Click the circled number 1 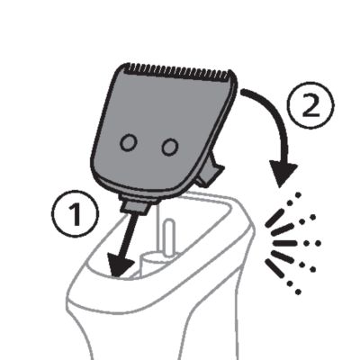(75, 214)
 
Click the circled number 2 (310, 105)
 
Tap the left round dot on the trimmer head (129, 143)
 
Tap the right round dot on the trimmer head (170, 147)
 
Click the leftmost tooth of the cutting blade (125, 67)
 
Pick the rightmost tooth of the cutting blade (230, 75)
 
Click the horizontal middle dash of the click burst (284, 243)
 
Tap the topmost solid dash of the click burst (274, 218)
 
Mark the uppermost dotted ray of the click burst (293, 200)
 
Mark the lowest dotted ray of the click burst (293, 287)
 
